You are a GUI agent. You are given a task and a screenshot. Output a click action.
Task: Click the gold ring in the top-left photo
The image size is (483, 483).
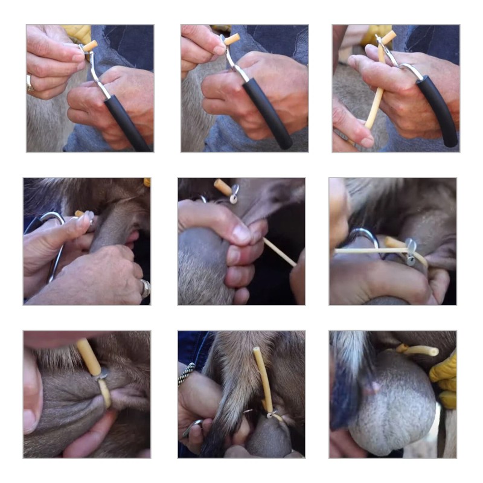[30, 83]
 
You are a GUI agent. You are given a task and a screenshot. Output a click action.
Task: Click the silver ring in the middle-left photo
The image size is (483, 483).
[145, 288]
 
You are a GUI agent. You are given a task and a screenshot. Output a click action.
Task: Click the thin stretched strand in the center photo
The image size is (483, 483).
[280, 252]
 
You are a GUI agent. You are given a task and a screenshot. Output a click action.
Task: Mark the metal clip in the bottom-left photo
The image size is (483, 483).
[101, 376]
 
